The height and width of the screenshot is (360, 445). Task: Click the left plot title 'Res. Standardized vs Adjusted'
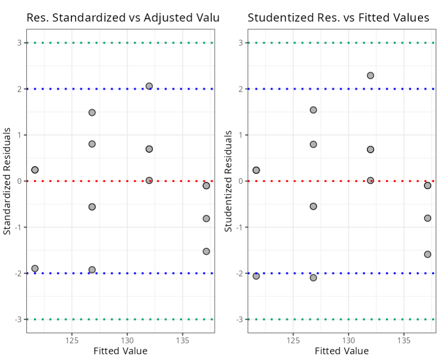122,18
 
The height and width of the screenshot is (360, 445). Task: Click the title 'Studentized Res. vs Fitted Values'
338,18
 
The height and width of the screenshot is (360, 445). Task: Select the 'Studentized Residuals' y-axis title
229,181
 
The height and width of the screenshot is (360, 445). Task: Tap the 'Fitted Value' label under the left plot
120,351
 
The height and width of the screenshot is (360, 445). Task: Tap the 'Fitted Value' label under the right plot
342,351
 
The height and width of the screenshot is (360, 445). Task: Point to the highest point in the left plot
149,86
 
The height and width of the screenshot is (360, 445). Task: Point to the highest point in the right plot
370,75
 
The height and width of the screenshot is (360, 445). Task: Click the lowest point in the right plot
313,277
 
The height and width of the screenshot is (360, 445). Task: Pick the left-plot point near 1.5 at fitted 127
92,112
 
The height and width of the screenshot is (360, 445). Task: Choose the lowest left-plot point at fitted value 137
206,251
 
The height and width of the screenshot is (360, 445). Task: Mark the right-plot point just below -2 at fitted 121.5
256,276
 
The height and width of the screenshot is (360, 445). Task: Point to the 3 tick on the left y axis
20,43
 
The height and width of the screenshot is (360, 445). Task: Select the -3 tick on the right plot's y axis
240,319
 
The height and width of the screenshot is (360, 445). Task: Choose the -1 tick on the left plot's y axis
18,227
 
